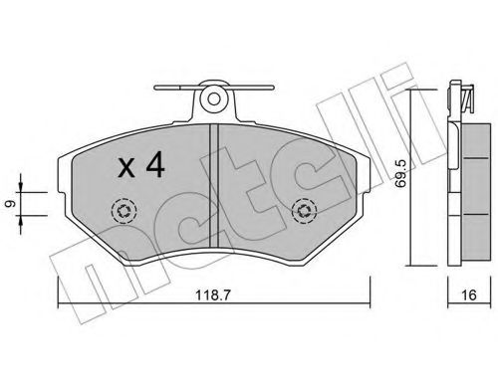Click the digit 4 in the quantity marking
coord(153,166)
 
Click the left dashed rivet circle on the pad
coord(124,211)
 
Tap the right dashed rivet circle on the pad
coord(303,211)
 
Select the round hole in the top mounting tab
coord(212,98)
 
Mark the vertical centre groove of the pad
coord(213,189)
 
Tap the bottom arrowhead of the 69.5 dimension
coord(419,265)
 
